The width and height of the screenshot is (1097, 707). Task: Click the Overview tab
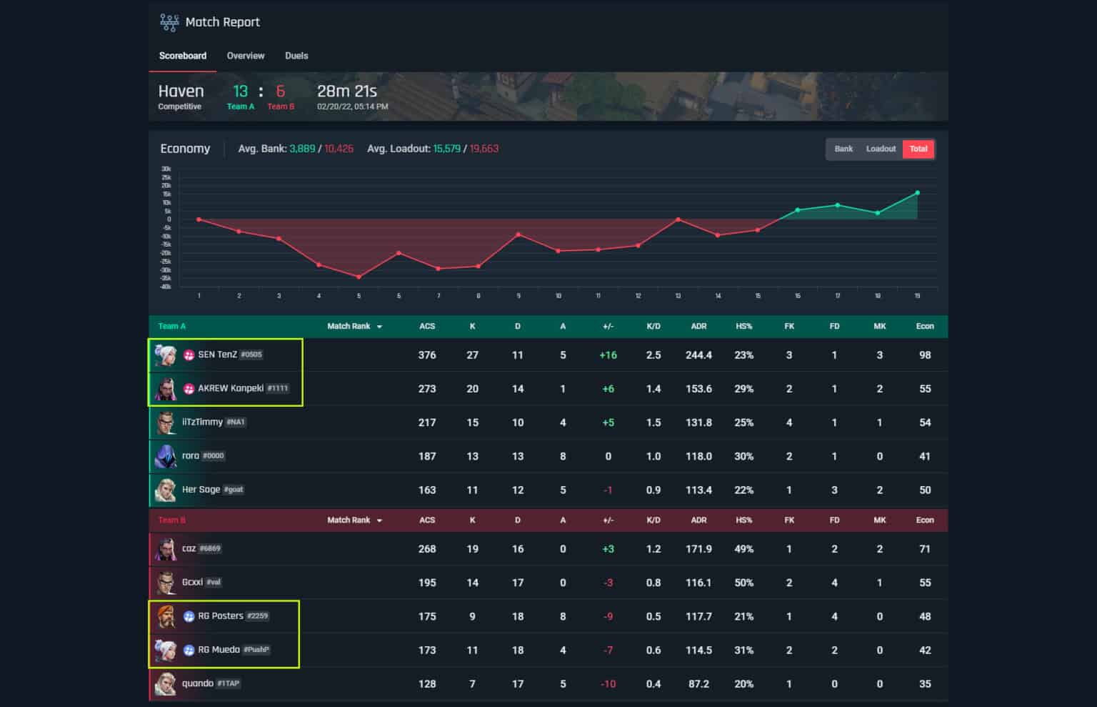[x=245, y=56]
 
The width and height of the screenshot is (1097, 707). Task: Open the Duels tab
[x=296, y=56]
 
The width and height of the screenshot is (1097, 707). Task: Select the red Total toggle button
[x=918, y=149]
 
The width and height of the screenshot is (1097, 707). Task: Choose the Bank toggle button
[x=843, y=149]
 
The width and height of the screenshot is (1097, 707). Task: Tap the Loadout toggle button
[x=881, y=149]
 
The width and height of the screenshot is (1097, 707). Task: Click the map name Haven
[x=181, y=92]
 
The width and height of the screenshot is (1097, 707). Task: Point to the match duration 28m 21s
[x=346, y=92]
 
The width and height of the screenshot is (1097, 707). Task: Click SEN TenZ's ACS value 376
[x=427, y=355]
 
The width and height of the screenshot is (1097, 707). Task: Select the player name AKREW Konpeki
[x=231, y=388]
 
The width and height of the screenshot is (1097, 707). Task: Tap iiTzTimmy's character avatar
[x=166, y=422]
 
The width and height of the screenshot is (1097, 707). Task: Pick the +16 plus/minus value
[x=608, y=355]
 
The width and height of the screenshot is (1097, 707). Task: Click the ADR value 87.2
[x=698, y=684]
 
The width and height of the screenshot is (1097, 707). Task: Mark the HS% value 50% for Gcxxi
[x=743, y=583]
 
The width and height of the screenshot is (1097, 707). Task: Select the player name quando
[x=198, y=683]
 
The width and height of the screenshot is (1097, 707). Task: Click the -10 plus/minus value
[x=608, y=684]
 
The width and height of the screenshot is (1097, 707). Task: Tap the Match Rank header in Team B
[x=349, y=520]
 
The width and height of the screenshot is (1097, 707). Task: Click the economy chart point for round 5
[x=359, y=277]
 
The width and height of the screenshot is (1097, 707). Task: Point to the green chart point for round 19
[x=917, y=192]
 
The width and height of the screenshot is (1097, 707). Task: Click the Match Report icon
[x=169, y=22]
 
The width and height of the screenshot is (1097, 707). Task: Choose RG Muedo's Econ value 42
[x=925, y=651]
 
